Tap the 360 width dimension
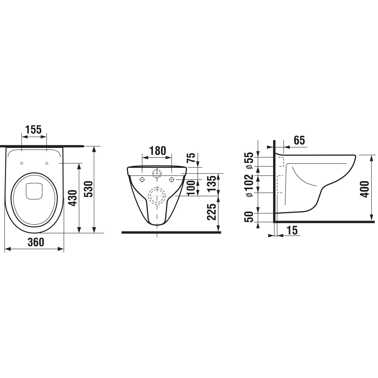pyautogui.click(x=36, y=242)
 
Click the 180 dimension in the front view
pyautogui.click(x=158, y=151)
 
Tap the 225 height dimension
pyautogui.click(x=212, y=212)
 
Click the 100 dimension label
pyautogui.click(x=192, y=188)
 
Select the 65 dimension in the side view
pyautogui.click(x=299, y=140)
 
